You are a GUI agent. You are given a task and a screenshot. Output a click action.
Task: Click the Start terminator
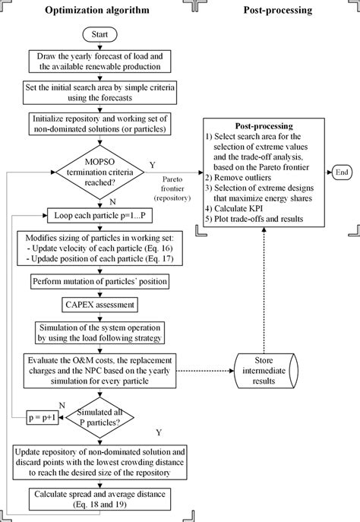tap(104, 35)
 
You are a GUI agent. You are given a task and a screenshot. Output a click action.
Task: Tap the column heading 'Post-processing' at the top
tap(275, 10)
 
